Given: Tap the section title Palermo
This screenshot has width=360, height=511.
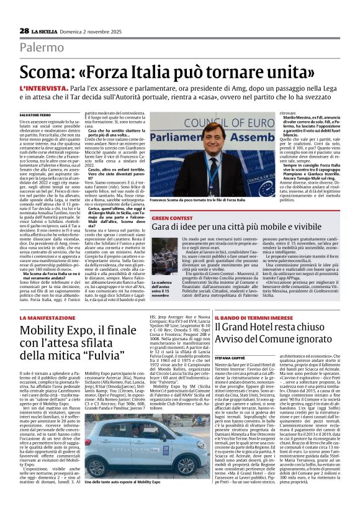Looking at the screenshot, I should [42, 47].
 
